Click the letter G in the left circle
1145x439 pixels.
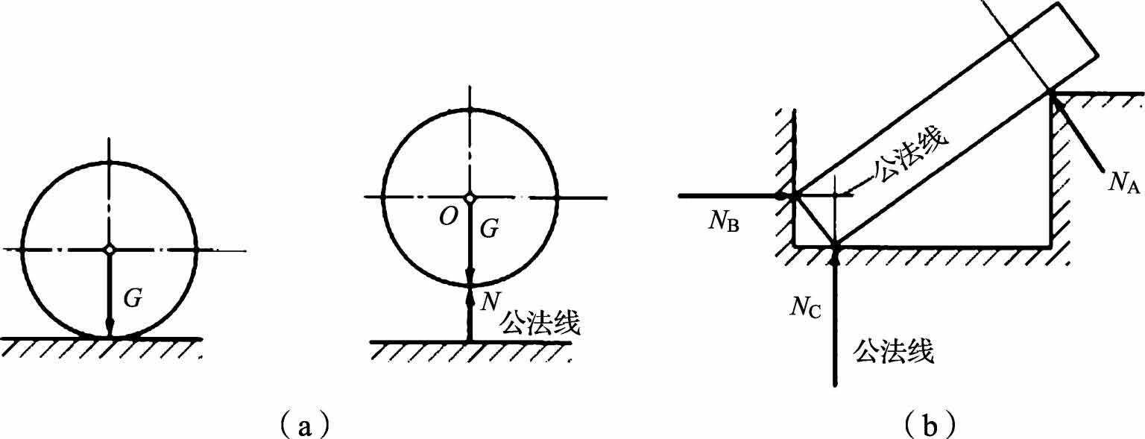pyautogui.click(x=133, y=299)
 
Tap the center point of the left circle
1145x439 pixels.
pyautogui.click(x=110, y=249)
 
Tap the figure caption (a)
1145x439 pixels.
pyautogui.click(x=300, y=424)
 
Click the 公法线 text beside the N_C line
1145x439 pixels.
pyautogui.click(x=895, y=350)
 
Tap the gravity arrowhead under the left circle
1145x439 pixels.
pyautogui.click(x=110, y=328)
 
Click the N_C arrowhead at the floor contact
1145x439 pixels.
pyautogui.click(x=835, y=256)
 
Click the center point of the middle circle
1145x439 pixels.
pyautogui.click(x=470, y=198)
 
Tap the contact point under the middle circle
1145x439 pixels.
pyautogui.click(x=470, y=285)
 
